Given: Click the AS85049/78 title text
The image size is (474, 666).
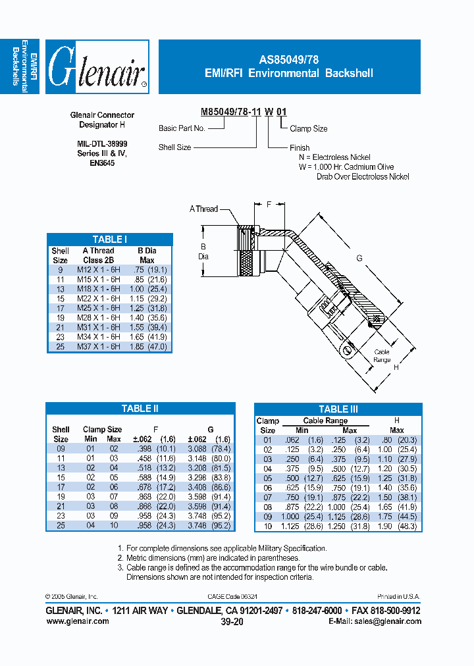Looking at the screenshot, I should pos(289,59).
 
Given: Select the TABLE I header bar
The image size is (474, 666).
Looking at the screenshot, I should pos(109,240).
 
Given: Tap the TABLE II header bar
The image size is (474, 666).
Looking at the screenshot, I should pos(140,409).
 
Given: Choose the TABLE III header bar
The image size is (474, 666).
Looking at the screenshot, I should pos(338,409).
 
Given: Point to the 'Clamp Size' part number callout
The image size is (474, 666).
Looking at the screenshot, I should pos(309,129).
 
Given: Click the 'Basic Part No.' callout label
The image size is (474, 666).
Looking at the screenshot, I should pos(182,129).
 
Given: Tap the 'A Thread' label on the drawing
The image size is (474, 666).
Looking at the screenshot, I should pos(203,209).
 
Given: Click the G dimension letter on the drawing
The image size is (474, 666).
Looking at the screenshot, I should pos(359,259).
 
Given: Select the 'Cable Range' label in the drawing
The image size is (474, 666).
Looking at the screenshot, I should pos(382,356).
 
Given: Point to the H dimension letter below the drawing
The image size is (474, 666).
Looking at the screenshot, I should pos(396,368).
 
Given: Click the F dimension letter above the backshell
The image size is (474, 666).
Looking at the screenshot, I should pos(269,205).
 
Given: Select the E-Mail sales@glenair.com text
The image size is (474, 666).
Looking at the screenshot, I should pos(375,621).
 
